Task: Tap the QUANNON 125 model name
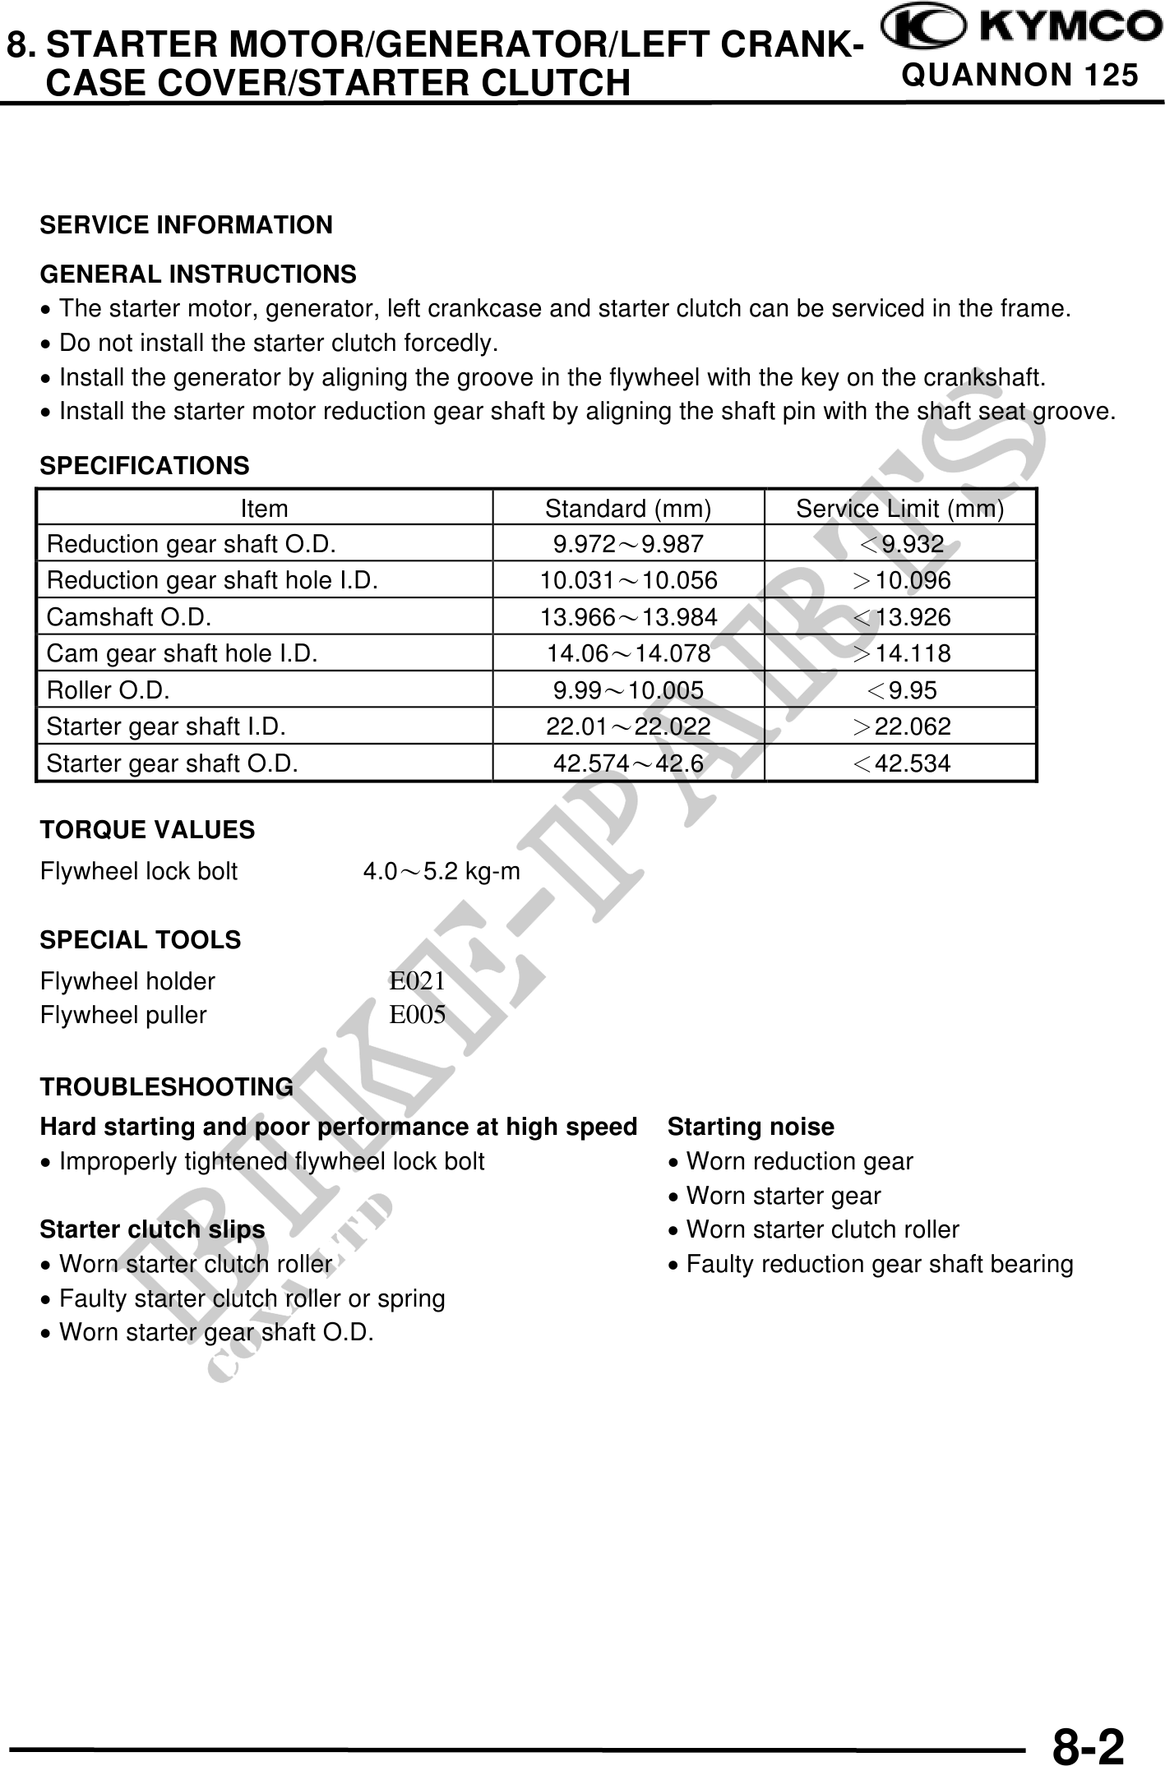[1019, 76]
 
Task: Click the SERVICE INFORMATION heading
[187, 225]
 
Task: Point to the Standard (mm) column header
[628, 510]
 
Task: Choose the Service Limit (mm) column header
[899, 510]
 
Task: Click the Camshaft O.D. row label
[129, 617]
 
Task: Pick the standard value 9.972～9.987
[628, 545]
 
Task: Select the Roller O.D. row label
[109, 690]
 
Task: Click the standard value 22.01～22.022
[628, 727]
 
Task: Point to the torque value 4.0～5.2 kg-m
[441, 871]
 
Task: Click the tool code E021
[417, 981]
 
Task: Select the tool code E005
[417, 1016]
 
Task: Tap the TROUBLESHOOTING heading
[167, 1087]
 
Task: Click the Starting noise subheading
[751, 1127]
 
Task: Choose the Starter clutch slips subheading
[153, 1230]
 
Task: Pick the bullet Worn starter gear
[783, 1197]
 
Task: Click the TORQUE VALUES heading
[148, 830]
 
